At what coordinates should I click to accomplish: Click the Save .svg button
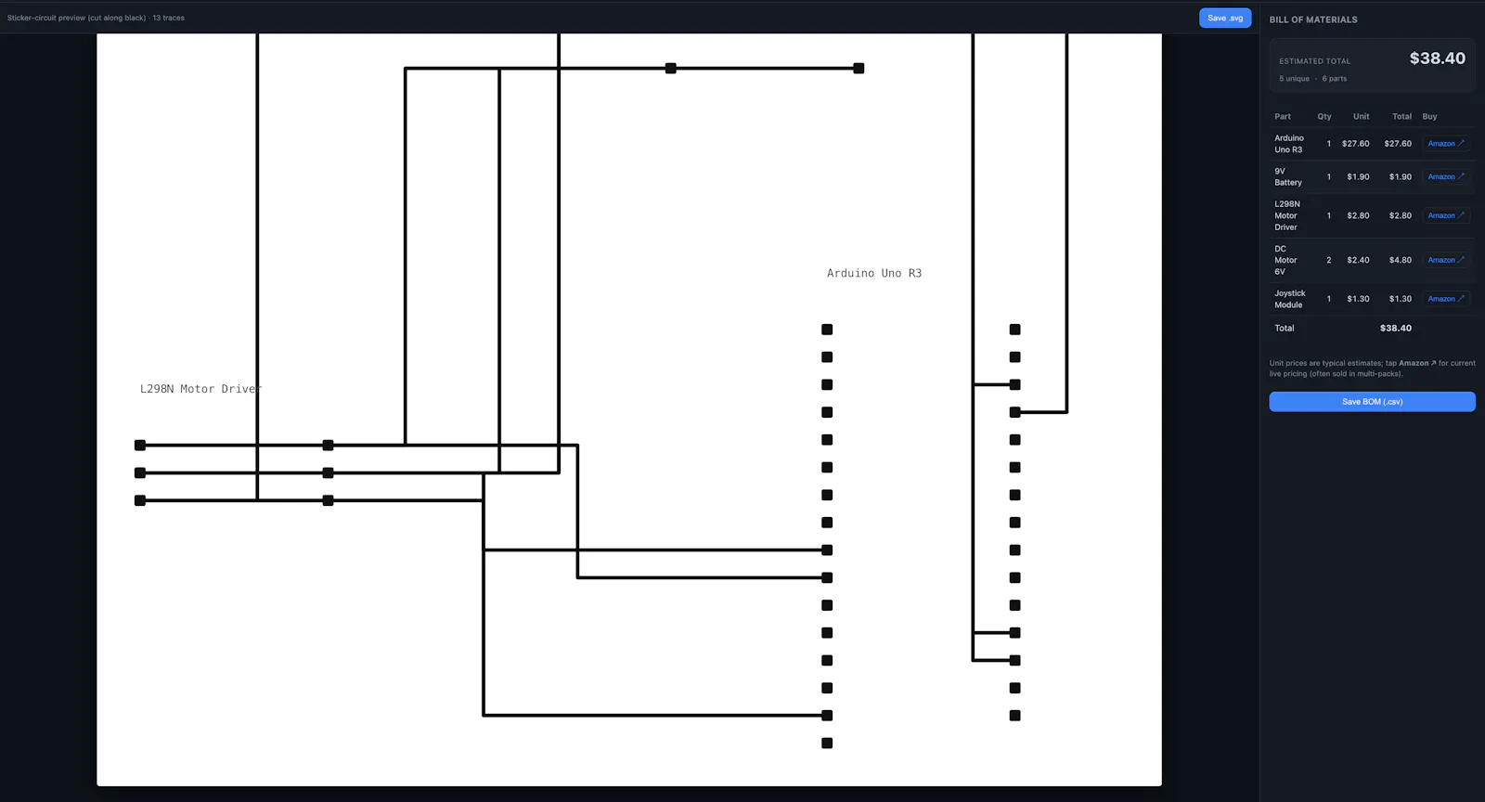click(x=1225, y=18)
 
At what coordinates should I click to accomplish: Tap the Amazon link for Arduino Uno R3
click(x=1446, y=143)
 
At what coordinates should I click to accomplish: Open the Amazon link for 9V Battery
click(x=1446, y=176)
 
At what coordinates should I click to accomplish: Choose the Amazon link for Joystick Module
click(x=1446, y=298)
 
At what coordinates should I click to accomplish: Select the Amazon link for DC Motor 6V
click(x=1446, y=260)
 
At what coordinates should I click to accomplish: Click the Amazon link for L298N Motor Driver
click(x=1446, y=215)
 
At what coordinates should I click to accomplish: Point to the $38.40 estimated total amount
click(x=1438, y=58)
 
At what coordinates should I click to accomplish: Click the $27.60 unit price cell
click(x=1355, y=143)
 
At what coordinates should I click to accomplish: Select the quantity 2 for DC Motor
click(x=1328, y=260)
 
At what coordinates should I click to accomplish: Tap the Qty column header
click(x=1324, y=116)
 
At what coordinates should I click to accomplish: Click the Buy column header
click(x=1429, y=116)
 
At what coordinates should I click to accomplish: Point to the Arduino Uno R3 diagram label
click(x=873, y=273)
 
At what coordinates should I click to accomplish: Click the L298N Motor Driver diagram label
click(x=200, y=389)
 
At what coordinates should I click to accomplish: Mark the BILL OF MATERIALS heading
click(x=1312, y=19)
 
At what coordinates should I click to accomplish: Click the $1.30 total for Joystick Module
click(x=1401, y=299)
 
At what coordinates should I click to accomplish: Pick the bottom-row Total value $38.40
click(x=1396, y=328)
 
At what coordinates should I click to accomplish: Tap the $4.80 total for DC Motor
click(x=1401, y=260)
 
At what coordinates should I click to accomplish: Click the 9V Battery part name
click(x=1288, y=177)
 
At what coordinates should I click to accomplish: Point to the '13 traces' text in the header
click(x=168, y=18)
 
